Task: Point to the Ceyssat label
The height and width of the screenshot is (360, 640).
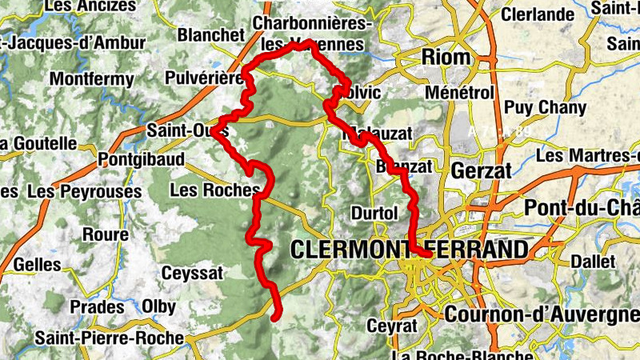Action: click(192, 273)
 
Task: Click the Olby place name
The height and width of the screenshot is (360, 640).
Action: click(158, 306)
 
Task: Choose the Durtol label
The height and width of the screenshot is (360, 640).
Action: click(374, 214)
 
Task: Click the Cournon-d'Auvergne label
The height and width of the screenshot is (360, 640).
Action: click(541, 314)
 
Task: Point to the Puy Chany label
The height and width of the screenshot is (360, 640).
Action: click(545, 107)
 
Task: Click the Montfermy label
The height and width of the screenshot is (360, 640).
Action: click(88, 79)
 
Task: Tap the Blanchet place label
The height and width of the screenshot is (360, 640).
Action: click(210, 35)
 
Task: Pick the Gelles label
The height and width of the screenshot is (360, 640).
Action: click(38, 264)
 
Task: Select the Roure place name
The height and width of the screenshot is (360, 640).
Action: click(105, 234)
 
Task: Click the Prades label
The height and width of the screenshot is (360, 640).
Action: click(97, 307)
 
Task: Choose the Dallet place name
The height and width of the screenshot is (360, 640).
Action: click(593, 262)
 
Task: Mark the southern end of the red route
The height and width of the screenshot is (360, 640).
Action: click(275, 318)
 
